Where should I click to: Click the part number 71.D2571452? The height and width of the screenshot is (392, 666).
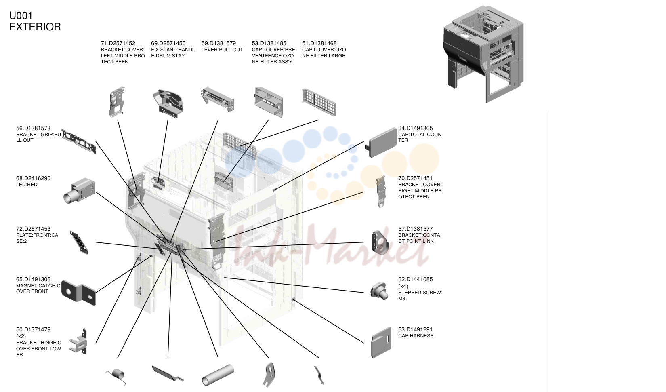pyautogui.click(x=118, y=43)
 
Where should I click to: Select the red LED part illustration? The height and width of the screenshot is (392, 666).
pyautogui.click(x=80, y=191)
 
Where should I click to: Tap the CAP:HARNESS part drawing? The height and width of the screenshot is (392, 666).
pyautogui.click(x=381, y=342)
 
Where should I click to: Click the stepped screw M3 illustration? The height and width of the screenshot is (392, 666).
pyautogui.click(x=379, y=291)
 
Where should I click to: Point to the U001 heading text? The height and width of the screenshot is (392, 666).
pyautogui.click(x=21, y=15)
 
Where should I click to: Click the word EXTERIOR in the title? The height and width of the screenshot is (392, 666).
pyautogui.click(x=35, y=27)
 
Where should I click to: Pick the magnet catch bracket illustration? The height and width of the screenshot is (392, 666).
pyautogui.click(x=79, y=293)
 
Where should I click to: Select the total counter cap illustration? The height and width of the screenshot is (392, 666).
pyautogui.click(x=381, y=142)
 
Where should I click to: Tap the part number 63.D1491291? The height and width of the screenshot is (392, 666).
pyautogui.click(x=415, y=329)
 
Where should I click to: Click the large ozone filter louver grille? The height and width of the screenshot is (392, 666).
pyautogui.click(x=319, y=102)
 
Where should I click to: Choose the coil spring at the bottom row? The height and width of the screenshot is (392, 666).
pyautogui.click(x=116, y=377)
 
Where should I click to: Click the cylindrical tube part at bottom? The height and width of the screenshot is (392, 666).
pyautogui.click(x=218, y=375)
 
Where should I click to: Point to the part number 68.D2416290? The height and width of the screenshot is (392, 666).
pyautogui.click(x=33, y=179)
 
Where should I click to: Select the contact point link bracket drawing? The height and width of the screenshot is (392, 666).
pyautogui.click(x=380, y=242)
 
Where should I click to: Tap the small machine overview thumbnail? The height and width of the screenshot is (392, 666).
pyautogui.click(x=484, y=54)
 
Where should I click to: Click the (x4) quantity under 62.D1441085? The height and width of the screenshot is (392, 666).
pyautogui.click(x=403, y=287)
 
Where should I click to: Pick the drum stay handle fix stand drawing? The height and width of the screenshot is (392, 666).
pyautogui.click(x=168, y=104)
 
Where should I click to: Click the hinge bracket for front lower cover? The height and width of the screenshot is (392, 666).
pyautogui.click(x=78, y=341)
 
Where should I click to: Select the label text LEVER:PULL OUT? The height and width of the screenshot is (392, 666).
pyautogui.click(x=222, y=50)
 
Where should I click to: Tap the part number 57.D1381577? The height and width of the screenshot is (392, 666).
pyautogui.click(x=415, y=229)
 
